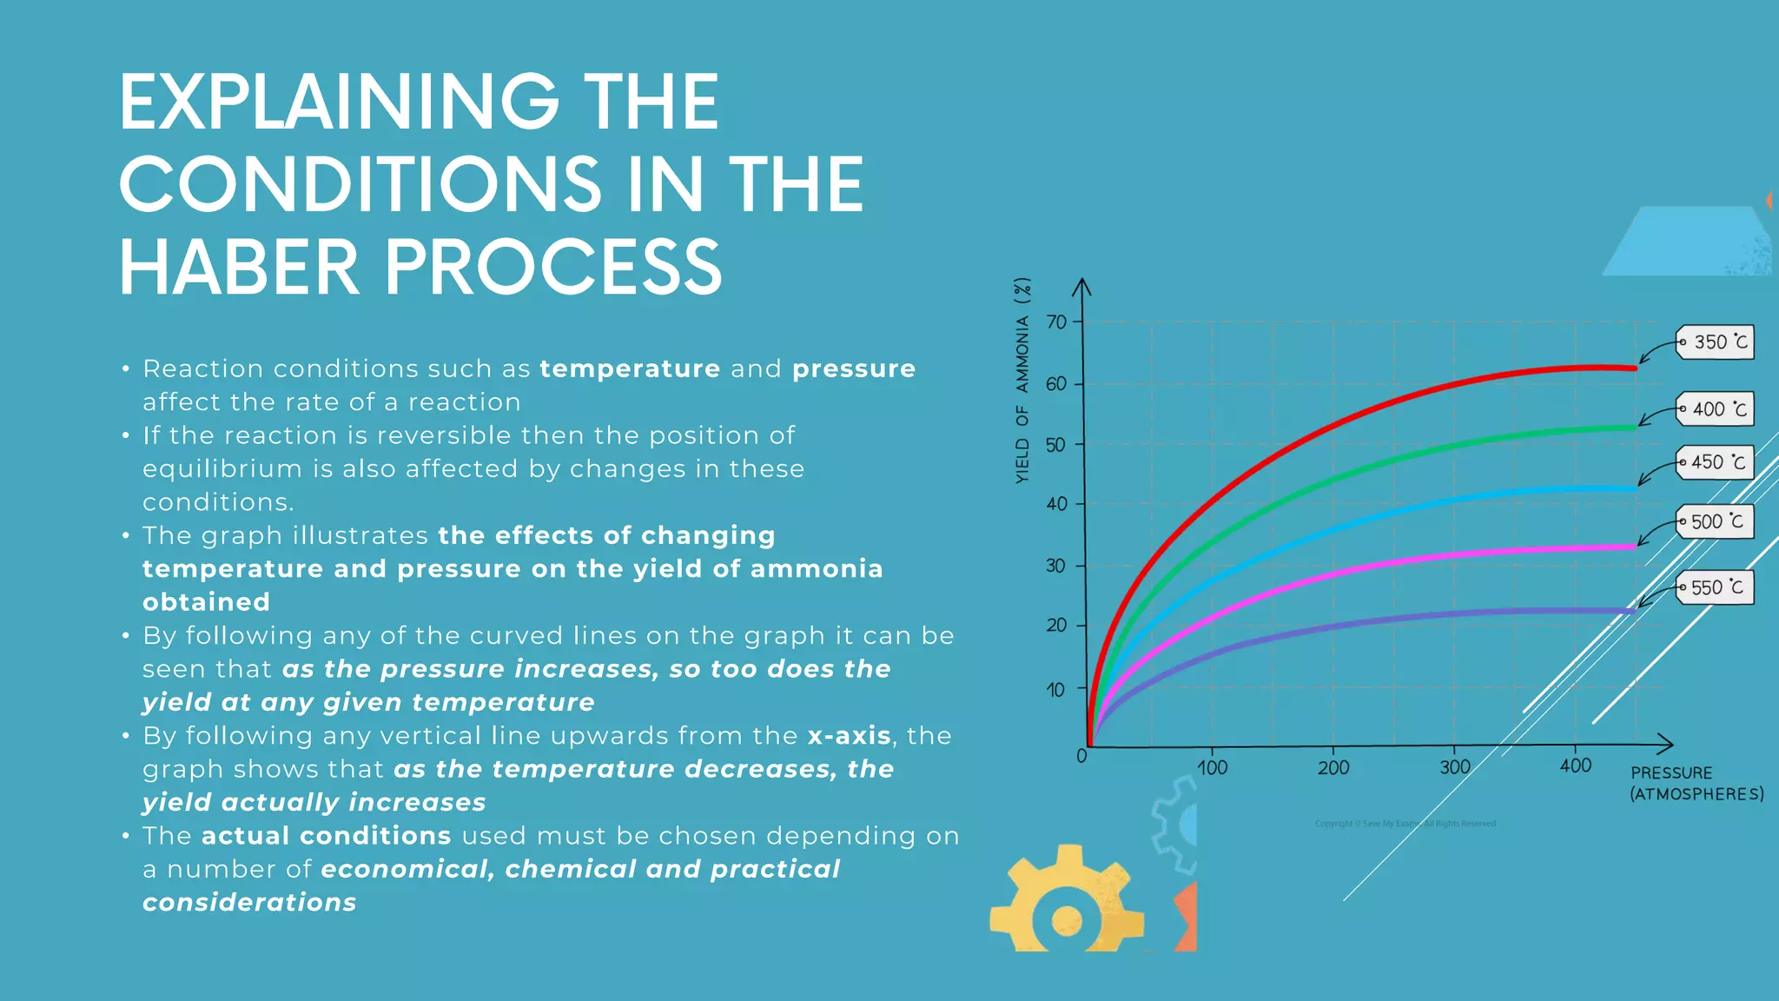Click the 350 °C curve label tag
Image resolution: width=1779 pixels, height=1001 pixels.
(x=1716, y=342)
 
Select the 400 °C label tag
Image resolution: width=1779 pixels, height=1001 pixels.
(x=1716, y=409)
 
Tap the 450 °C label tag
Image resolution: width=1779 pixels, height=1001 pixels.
(x=1716, y=462)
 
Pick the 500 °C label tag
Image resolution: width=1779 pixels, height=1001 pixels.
(x=1716, y=521)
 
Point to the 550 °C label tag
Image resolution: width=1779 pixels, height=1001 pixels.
(x=1716, y=587)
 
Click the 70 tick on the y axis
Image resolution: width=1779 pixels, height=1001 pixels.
(x=1056, y=322)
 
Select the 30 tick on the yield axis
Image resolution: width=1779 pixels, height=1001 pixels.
(x=1055, y=566)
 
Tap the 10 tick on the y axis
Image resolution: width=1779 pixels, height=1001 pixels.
(x=1055, y=690)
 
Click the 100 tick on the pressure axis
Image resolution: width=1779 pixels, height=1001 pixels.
(x=1212, y=768)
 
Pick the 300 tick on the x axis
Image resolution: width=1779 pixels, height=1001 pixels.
(x=1455, y=767)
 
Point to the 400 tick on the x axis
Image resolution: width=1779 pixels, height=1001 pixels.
(x=1576, y=766)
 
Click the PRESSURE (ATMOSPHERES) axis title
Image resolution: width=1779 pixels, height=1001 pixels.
(x=1696, y=783)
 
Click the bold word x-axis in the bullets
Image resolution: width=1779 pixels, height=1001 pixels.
(x=849, y=736)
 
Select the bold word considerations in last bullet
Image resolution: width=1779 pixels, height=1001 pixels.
(x=249, y=903)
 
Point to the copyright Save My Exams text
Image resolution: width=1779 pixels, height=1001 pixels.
(x=1405, y=824)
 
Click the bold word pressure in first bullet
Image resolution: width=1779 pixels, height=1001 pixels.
(x=853, y=368)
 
